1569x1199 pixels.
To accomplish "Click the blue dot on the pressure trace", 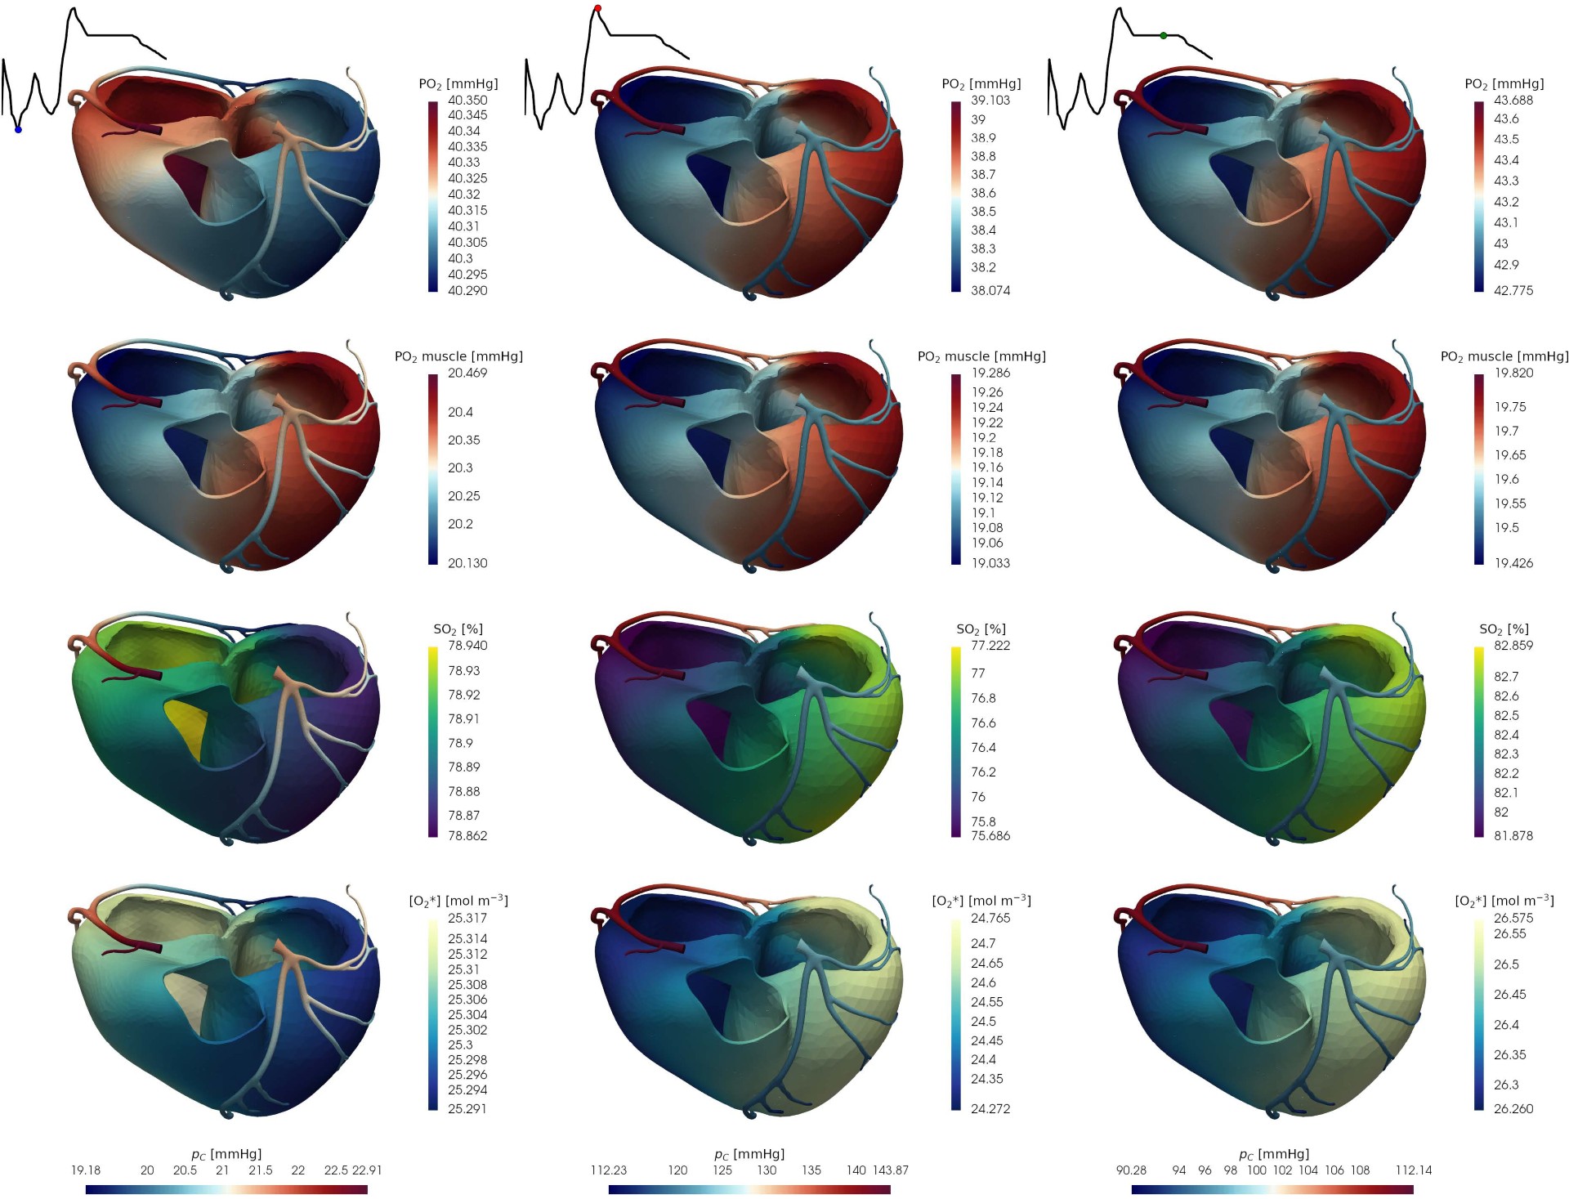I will click(18, 130).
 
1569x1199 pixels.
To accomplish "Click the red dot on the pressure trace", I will click(597, 8).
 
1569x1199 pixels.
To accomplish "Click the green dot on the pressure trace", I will click(1164, 36).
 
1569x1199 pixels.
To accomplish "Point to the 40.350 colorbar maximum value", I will click(467, 100).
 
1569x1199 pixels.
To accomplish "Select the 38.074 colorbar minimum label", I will click(990, 290).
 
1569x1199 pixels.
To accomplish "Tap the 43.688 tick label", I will click(1513, 100).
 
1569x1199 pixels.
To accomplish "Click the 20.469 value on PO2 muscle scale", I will click(467, 373).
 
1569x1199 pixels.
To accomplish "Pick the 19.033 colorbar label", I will click(990, 563).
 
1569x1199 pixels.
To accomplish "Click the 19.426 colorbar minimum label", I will click(1513, 563).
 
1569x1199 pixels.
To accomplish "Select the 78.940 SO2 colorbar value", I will click(467, 646).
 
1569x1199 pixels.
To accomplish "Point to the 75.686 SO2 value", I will click(990, 835).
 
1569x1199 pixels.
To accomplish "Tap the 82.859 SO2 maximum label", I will click(1513, 646).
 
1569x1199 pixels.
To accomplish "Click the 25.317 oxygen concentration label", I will click(467, 918).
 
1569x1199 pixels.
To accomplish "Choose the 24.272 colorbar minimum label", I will click(990, 1108).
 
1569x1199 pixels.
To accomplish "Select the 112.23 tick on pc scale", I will click(609, 1170).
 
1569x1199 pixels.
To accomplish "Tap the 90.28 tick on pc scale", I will click(1131, 1170).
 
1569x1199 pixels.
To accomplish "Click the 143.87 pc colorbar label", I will click(890, 1170).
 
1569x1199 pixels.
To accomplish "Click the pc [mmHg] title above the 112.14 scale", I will click(1273, 1154).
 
